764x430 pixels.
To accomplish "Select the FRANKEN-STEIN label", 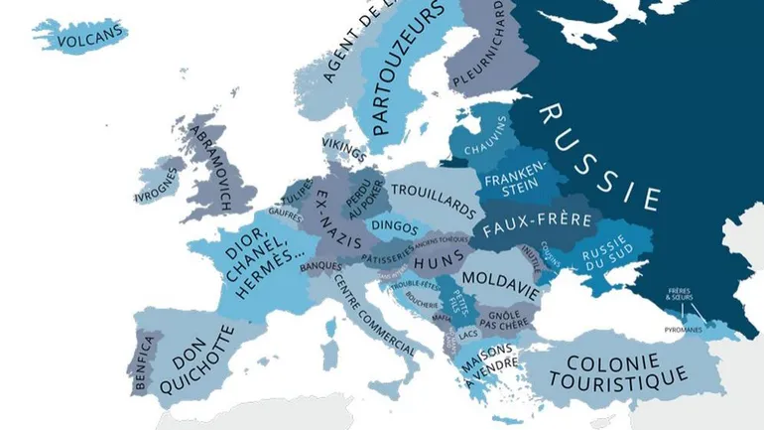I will pos(514,176).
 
